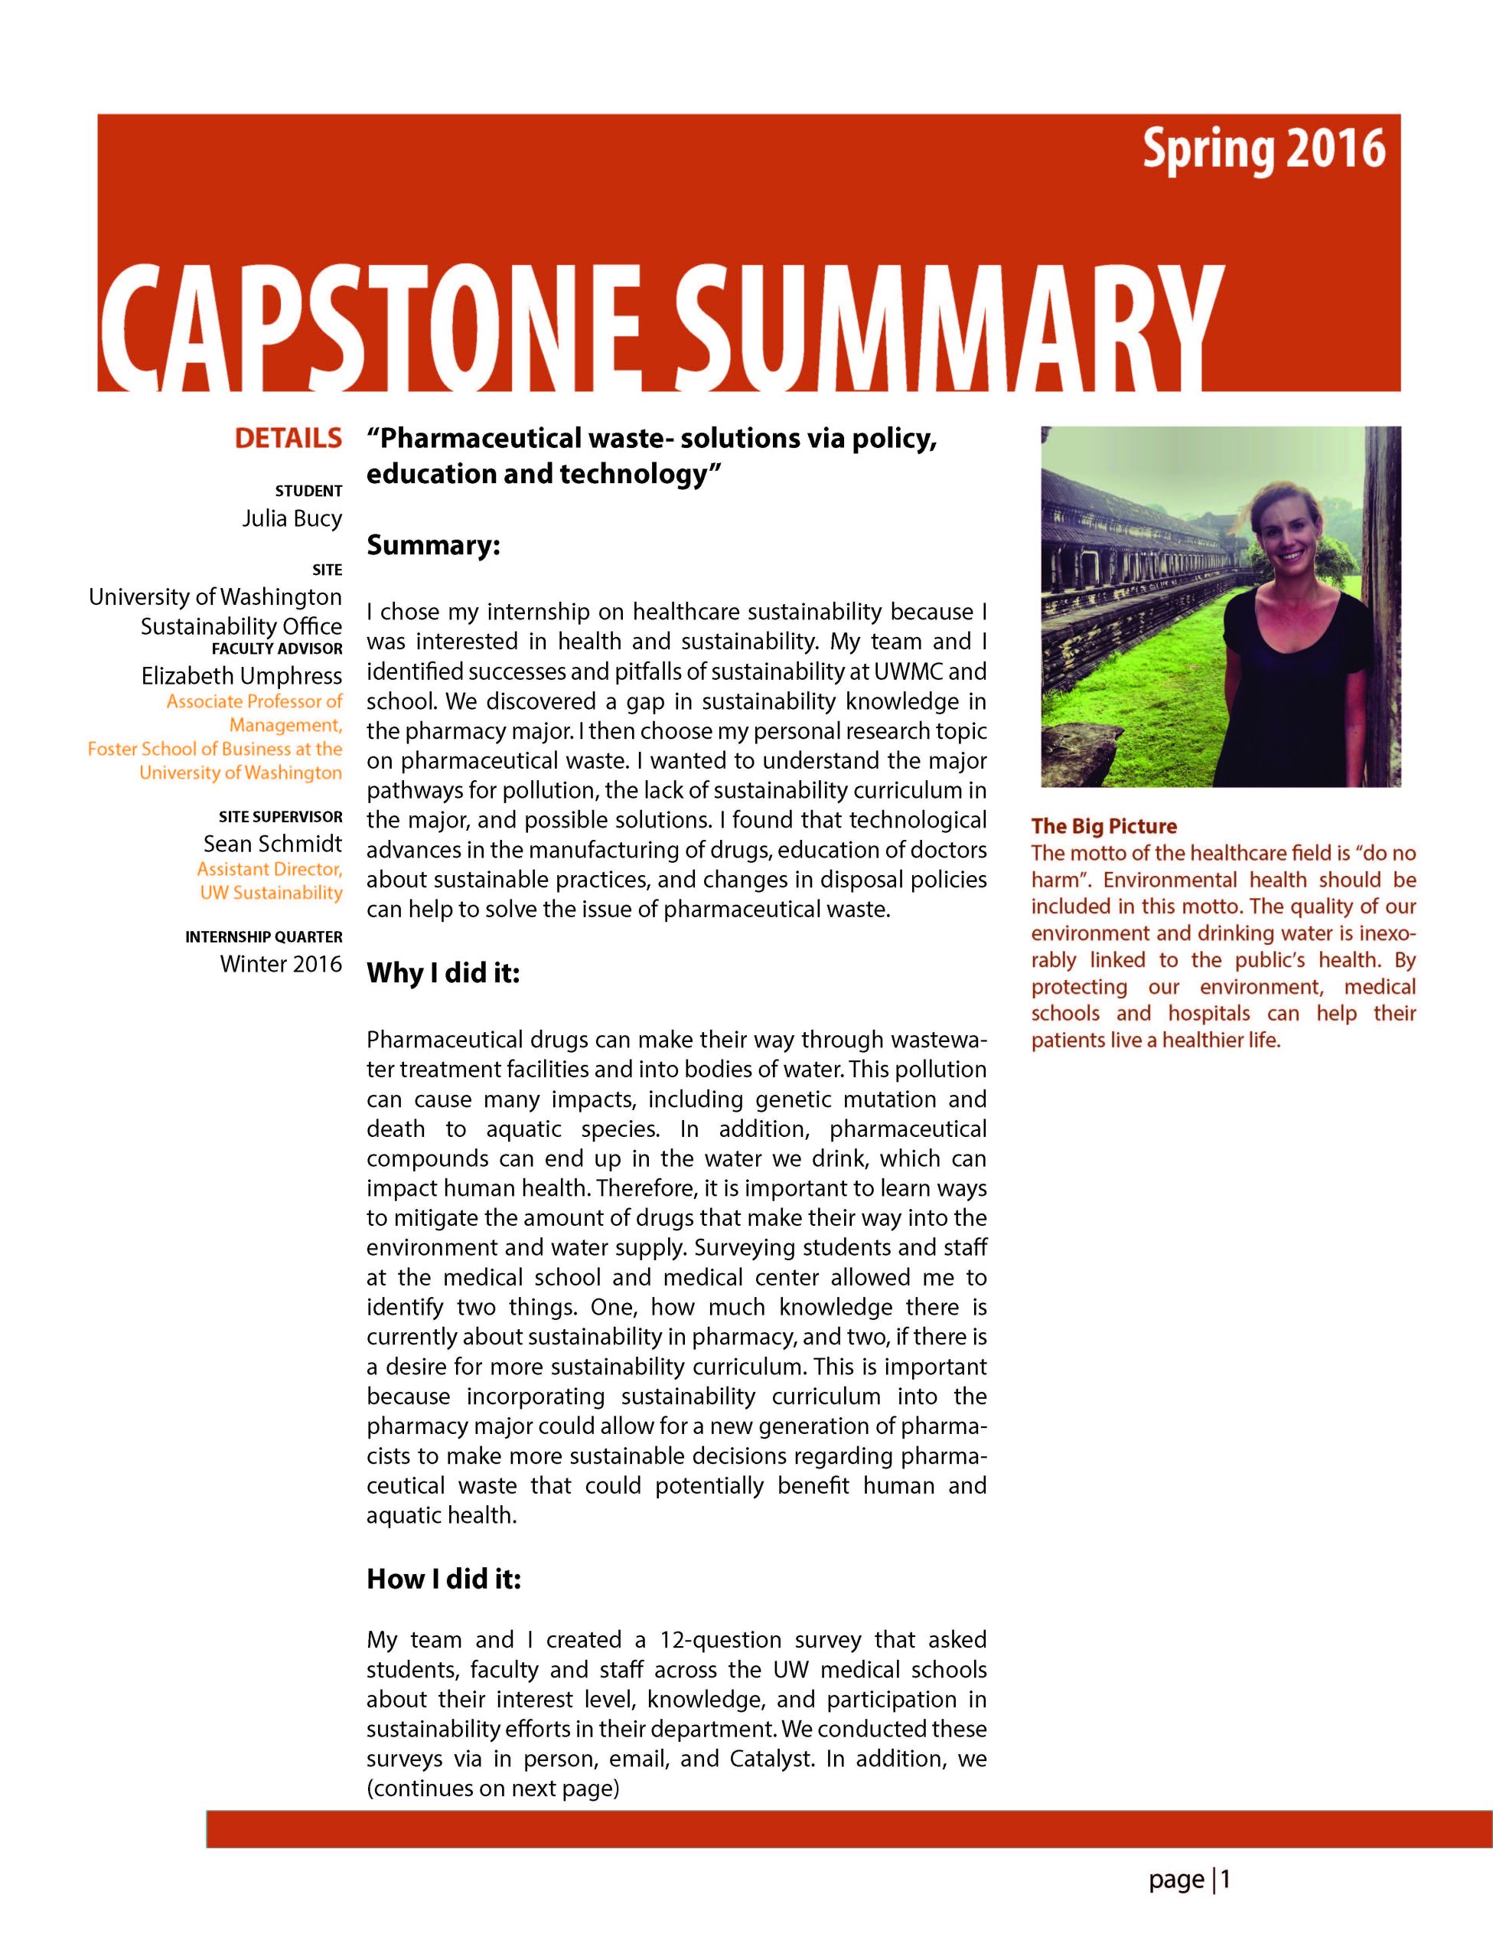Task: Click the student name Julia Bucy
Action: coord(292,518)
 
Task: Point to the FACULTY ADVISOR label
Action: coord(276,649)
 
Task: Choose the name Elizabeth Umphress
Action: coord(242,675)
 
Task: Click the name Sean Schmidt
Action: coord(273,843)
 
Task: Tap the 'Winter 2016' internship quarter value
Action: coord(281,964)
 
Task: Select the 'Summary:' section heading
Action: coord(434,545)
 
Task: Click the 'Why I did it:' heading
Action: coord(442,973)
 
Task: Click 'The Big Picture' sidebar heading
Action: coord(1103,826)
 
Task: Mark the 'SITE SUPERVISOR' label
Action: coord(280,816)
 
